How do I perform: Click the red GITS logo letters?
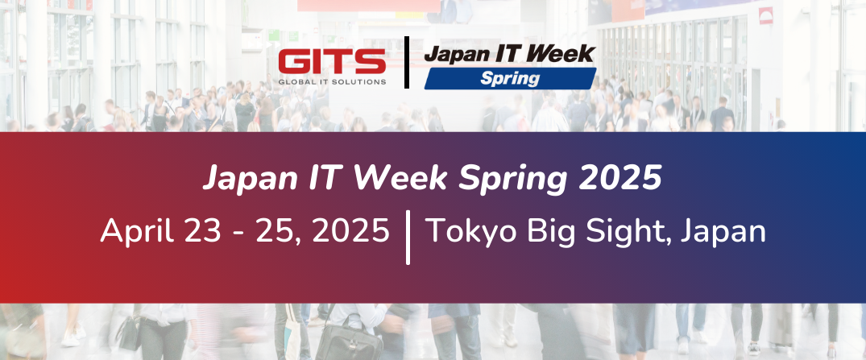point(331,62)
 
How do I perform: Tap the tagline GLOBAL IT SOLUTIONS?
point(331,81)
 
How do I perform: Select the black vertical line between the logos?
point(406,62)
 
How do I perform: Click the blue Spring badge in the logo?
point(509,78)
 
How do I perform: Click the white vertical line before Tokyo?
point(408,237)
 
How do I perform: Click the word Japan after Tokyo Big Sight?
point(723,233)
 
